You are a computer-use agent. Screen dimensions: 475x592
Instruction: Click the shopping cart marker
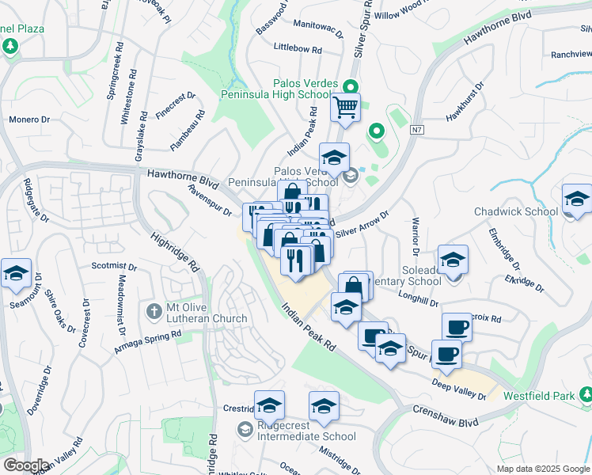click(x=345, y=107)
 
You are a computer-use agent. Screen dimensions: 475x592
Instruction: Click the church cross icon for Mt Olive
click(x=155, y=308)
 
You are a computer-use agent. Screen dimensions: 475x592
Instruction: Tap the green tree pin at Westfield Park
click(x=585, y=393)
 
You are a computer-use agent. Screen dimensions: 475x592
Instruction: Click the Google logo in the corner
click(x=26, y=465)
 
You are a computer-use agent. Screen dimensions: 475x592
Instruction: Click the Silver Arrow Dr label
click(x=362, y=224)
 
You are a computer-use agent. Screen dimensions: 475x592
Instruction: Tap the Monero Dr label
click(x=29, y=120)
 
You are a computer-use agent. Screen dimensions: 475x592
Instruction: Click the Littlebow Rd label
click(x=298, y=49)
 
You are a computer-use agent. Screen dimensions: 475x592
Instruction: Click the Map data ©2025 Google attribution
click(x=543, y=469)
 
